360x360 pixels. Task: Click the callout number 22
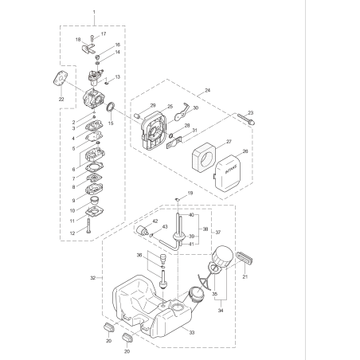(x=61, y=99)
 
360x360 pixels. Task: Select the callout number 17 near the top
(x=103, y=34)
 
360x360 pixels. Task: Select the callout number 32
(x=92, y=278)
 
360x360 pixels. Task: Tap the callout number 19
(x=190, y=195)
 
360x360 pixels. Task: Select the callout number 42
(x=155, y=221)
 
